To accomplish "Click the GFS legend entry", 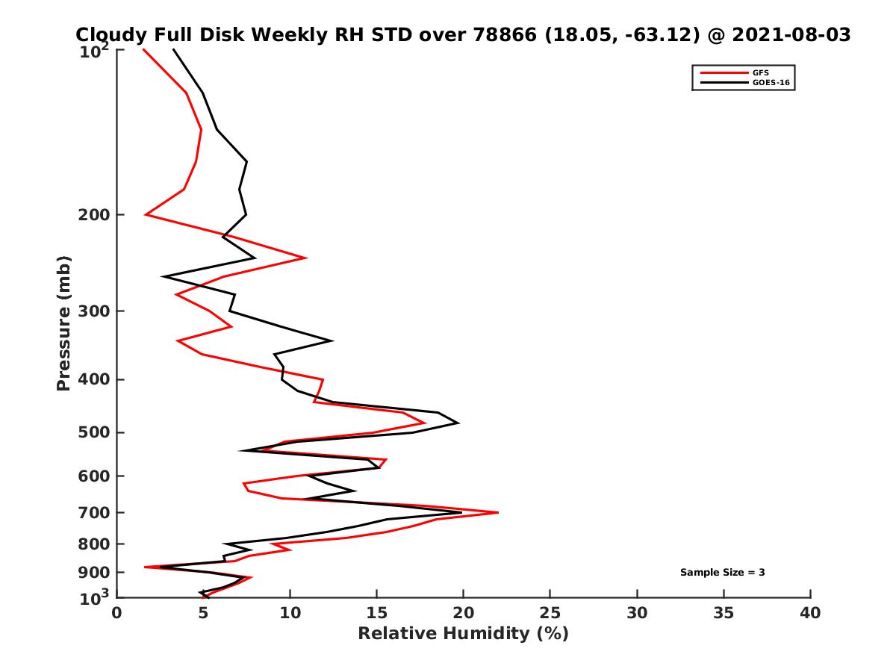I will (761, 72).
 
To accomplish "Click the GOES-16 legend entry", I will (769, 82).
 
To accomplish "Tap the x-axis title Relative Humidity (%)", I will (463, 634).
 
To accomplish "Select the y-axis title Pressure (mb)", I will (63, 323).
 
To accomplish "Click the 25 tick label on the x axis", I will (550, 613).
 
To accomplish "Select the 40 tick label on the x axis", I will (810, 613).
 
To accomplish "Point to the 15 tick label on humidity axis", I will (377, 613).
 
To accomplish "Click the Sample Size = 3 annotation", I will (722, 573).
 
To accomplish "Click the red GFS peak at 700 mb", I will (497, 512).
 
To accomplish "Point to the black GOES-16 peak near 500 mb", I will (458, 423).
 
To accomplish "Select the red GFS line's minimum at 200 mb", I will (146, 215).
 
